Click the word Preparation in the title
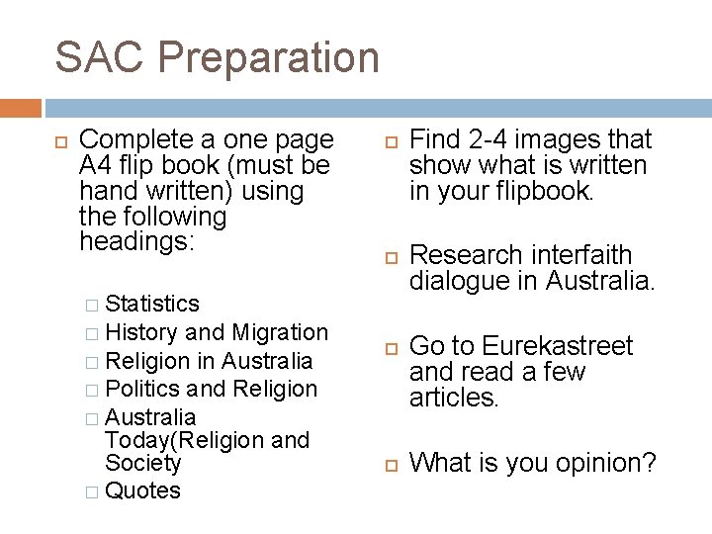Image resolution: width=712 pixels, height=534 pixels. (268, 57)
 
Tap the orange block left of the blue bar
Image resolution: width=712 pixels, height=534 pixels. (21, 108)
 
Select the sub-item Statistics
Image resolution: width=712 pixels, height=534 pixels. (152, 304)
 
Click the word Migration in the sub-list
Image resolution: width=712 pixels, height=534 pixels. (281, 332)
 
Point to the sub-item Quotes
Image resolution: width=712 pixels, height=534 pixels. (142, 490)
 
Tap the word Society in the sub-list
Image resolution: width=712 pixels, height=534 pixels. (143, 463)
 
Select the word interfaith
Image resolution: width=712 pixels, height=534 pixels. (581, 255)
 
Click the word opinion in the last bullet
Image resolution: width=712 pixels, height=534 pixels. (605, 462)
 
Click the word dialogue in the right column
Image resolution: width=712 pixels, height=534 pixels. (457, 281)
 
